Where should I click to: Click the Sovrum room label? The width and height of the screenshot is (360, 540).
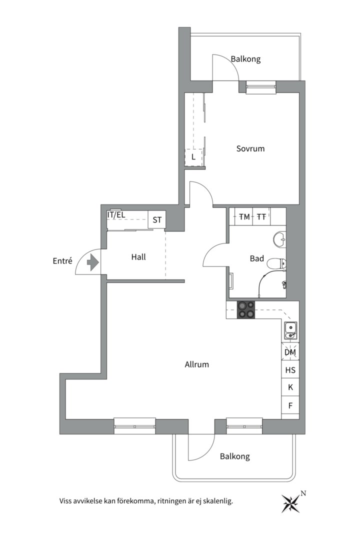tap(250, 149)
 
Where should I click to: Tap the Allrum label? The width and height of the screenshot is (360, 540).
tap(196, 364)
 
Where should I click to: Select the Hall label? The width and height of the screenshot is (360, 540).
tap(138, 257)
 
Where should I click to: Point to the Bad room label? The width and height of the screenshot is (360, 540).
tap(257, 258)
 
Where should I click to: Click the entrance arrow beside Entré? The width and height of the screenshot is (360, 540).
tap(93, 262)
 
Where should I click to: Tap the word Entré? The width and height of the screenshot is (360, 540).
tap(62, 261)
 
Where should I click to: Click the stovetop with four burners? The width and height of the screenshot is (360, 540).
tap(245, 309)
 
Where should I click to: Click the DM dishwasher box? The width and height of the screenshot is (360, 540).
tap(290, 352)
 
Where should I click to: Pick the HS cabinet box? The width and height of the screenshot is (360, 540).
tap(290, 370)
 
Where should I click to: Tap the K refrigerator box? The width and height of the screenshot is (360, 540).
tap(290, 387)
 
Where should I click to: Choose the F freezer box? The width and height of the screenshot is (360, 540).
tap(290, 405)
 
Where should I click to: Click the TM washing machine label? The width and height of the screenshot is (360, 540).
tap(244, 217)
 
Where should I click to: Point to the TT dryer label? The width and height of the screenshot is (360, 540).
tap(261, 217)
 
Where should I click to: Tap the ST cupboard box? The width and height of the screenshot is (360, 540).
tap(157, 219)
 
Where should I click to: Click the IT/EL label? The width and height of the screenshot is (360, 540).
tap(116, 215)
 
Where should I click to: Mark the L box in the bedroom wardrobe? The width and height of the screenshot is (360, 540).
tap(193, 157)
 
